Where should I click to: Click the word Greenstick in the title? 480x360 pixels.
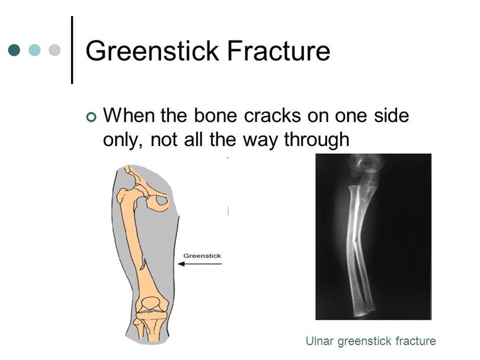tap(152, 50)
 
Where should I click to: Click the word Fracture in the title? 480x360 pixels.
tap(279, 50)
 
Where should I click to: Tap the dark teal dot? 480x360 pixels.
tap(14, 50)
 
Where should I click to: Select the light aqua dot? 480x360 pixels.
tap(34, 50)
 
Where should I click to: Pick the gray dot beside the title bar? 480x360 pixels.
tap(55, 50)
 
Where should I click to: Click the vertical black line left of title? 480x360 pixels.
tap(72, 50)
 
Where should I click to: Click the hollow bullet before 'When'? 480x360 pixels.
tap(91, 117)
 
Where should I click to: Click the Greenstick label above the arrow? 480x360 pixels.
tap(202, 256)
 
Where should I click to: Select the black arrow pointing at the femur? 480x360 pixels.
tap(200, 264)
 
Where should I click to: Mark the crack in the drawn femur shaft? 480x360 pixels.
tap(143, 264)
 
